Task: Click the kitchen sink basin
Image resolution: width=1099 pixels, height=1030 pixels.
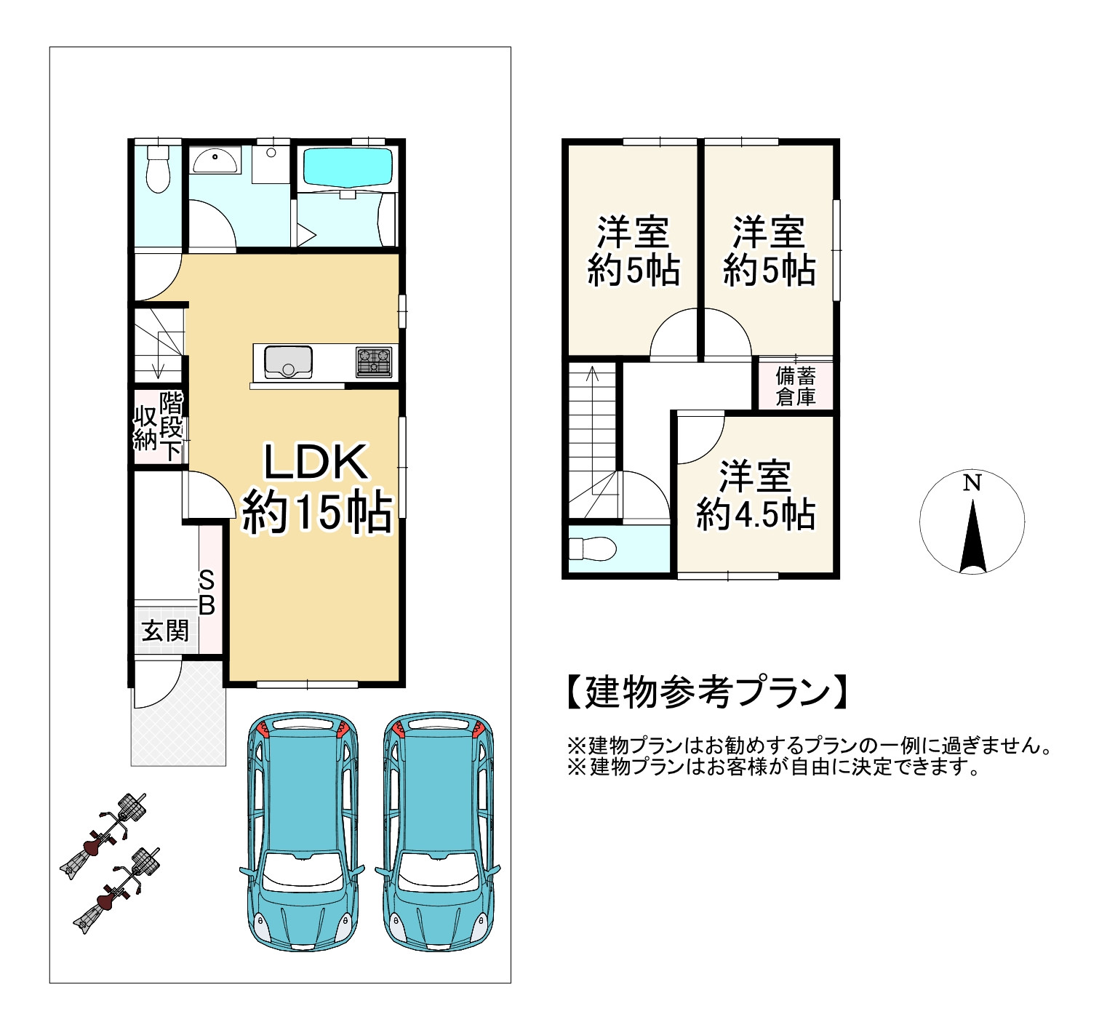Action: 288,362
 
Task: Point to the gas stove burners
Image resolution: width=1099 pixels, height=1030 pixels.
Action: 373,362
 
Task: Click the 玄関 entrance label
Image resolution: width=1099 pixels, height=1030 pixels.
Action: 165,630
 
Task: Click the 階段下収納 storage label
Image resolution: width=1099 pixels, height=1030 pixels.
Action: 158,427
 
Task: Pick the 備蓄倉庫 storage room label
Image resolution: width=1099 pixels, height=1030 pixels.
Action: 795,386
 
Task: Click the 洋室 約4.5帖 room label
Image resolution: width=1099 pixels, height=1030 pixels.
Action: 755,495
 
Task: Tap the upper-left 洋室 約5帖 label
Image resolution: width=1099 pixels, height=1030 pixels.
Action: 633,251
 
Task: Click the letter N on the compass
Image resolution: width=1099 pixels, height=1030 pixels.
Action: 972,482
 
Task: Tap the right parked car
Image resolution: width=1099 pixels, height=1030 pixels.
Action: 437,830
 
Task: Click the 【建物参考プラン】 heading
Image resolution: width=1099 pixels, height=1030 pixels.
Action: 706,692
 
